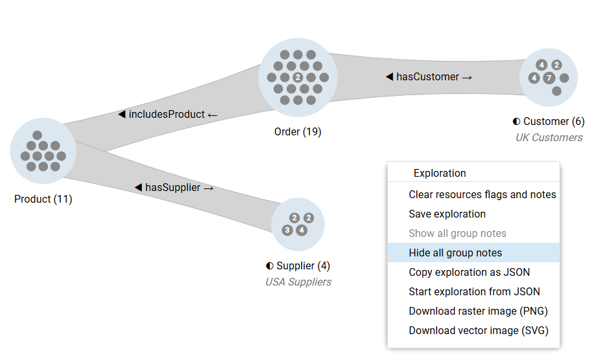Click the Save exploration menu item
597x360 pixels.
[x=447, y=214]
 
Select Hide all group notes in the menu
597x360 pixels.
[x=455, y=253]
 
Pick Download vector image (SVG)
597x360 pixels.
[x=478, y=330]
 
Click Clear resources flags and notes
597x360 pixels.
[x=482, y=194]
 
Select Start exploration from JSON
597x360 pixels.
[x=474, y=291]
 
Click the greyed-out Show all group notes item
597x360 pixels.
[x=457, y=233]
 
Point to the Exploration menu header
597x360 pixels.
[x=440, y=173]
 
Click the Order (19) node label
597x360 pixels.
[x=298, y=131]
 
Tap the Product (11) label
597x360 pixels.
[x=43, y=199]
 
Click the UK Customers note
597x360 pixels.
[x=548, y=137]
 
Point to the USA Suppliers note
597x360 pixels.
[x=298, y=282]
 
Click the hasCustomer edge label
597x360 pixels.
[x=429, y=76]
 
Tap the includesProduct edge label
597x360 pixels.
[x=168, y=114]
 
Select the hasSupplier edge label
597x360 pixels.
[x=174, y=187]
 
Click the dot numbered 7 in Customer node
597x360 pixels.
[x=548, y=78]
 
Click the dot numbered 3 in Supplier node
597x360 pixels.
[x=287, y=230]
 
